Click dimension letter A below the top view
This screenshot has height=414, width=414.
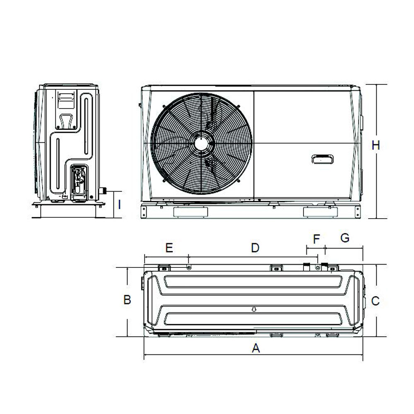pyautogui.click(x=256, y=349)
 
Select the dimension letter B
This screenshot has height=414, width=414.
pyautogui.click(x=128, y=299)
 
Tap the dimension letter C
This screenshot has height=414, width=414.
pyautogui.click(x=375, y=301)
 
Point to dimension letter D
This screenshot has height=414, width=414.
pyautogui.click(x=255, y=248)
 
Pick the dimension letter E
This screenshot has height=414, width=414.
pyautogui.click(x=168, y=248)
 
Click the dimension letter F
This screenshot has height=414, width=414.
pyautogui.click(x=317, y=239)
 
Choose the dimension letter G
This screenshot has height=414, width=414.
pyautogui.click(x=344, y=238)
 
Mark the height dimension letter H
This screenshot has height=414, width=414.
pyautogui.click(x=376, y=145)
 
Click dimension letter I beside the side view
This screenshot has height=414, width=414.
pyautogui.click(x=119, y=204)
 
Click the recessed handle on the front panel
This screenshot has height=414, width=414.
pyautogui.click(x=323, y=159)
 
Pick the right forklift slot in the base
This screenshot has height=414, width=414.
pyautogui.click(x=320, y=212)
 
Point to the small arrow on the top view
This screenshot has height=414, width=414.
pyautogui.click(x=255, y=309)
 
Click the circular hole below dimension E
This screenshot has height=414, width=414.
pyautogui.click(x=189, y=267)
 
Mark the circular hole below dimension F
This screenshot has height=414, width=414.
pyautogui.click(x=318, y=267)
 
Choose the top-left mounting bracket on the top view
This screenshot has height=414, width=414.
pyautogui.click(x=164, y=268)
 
